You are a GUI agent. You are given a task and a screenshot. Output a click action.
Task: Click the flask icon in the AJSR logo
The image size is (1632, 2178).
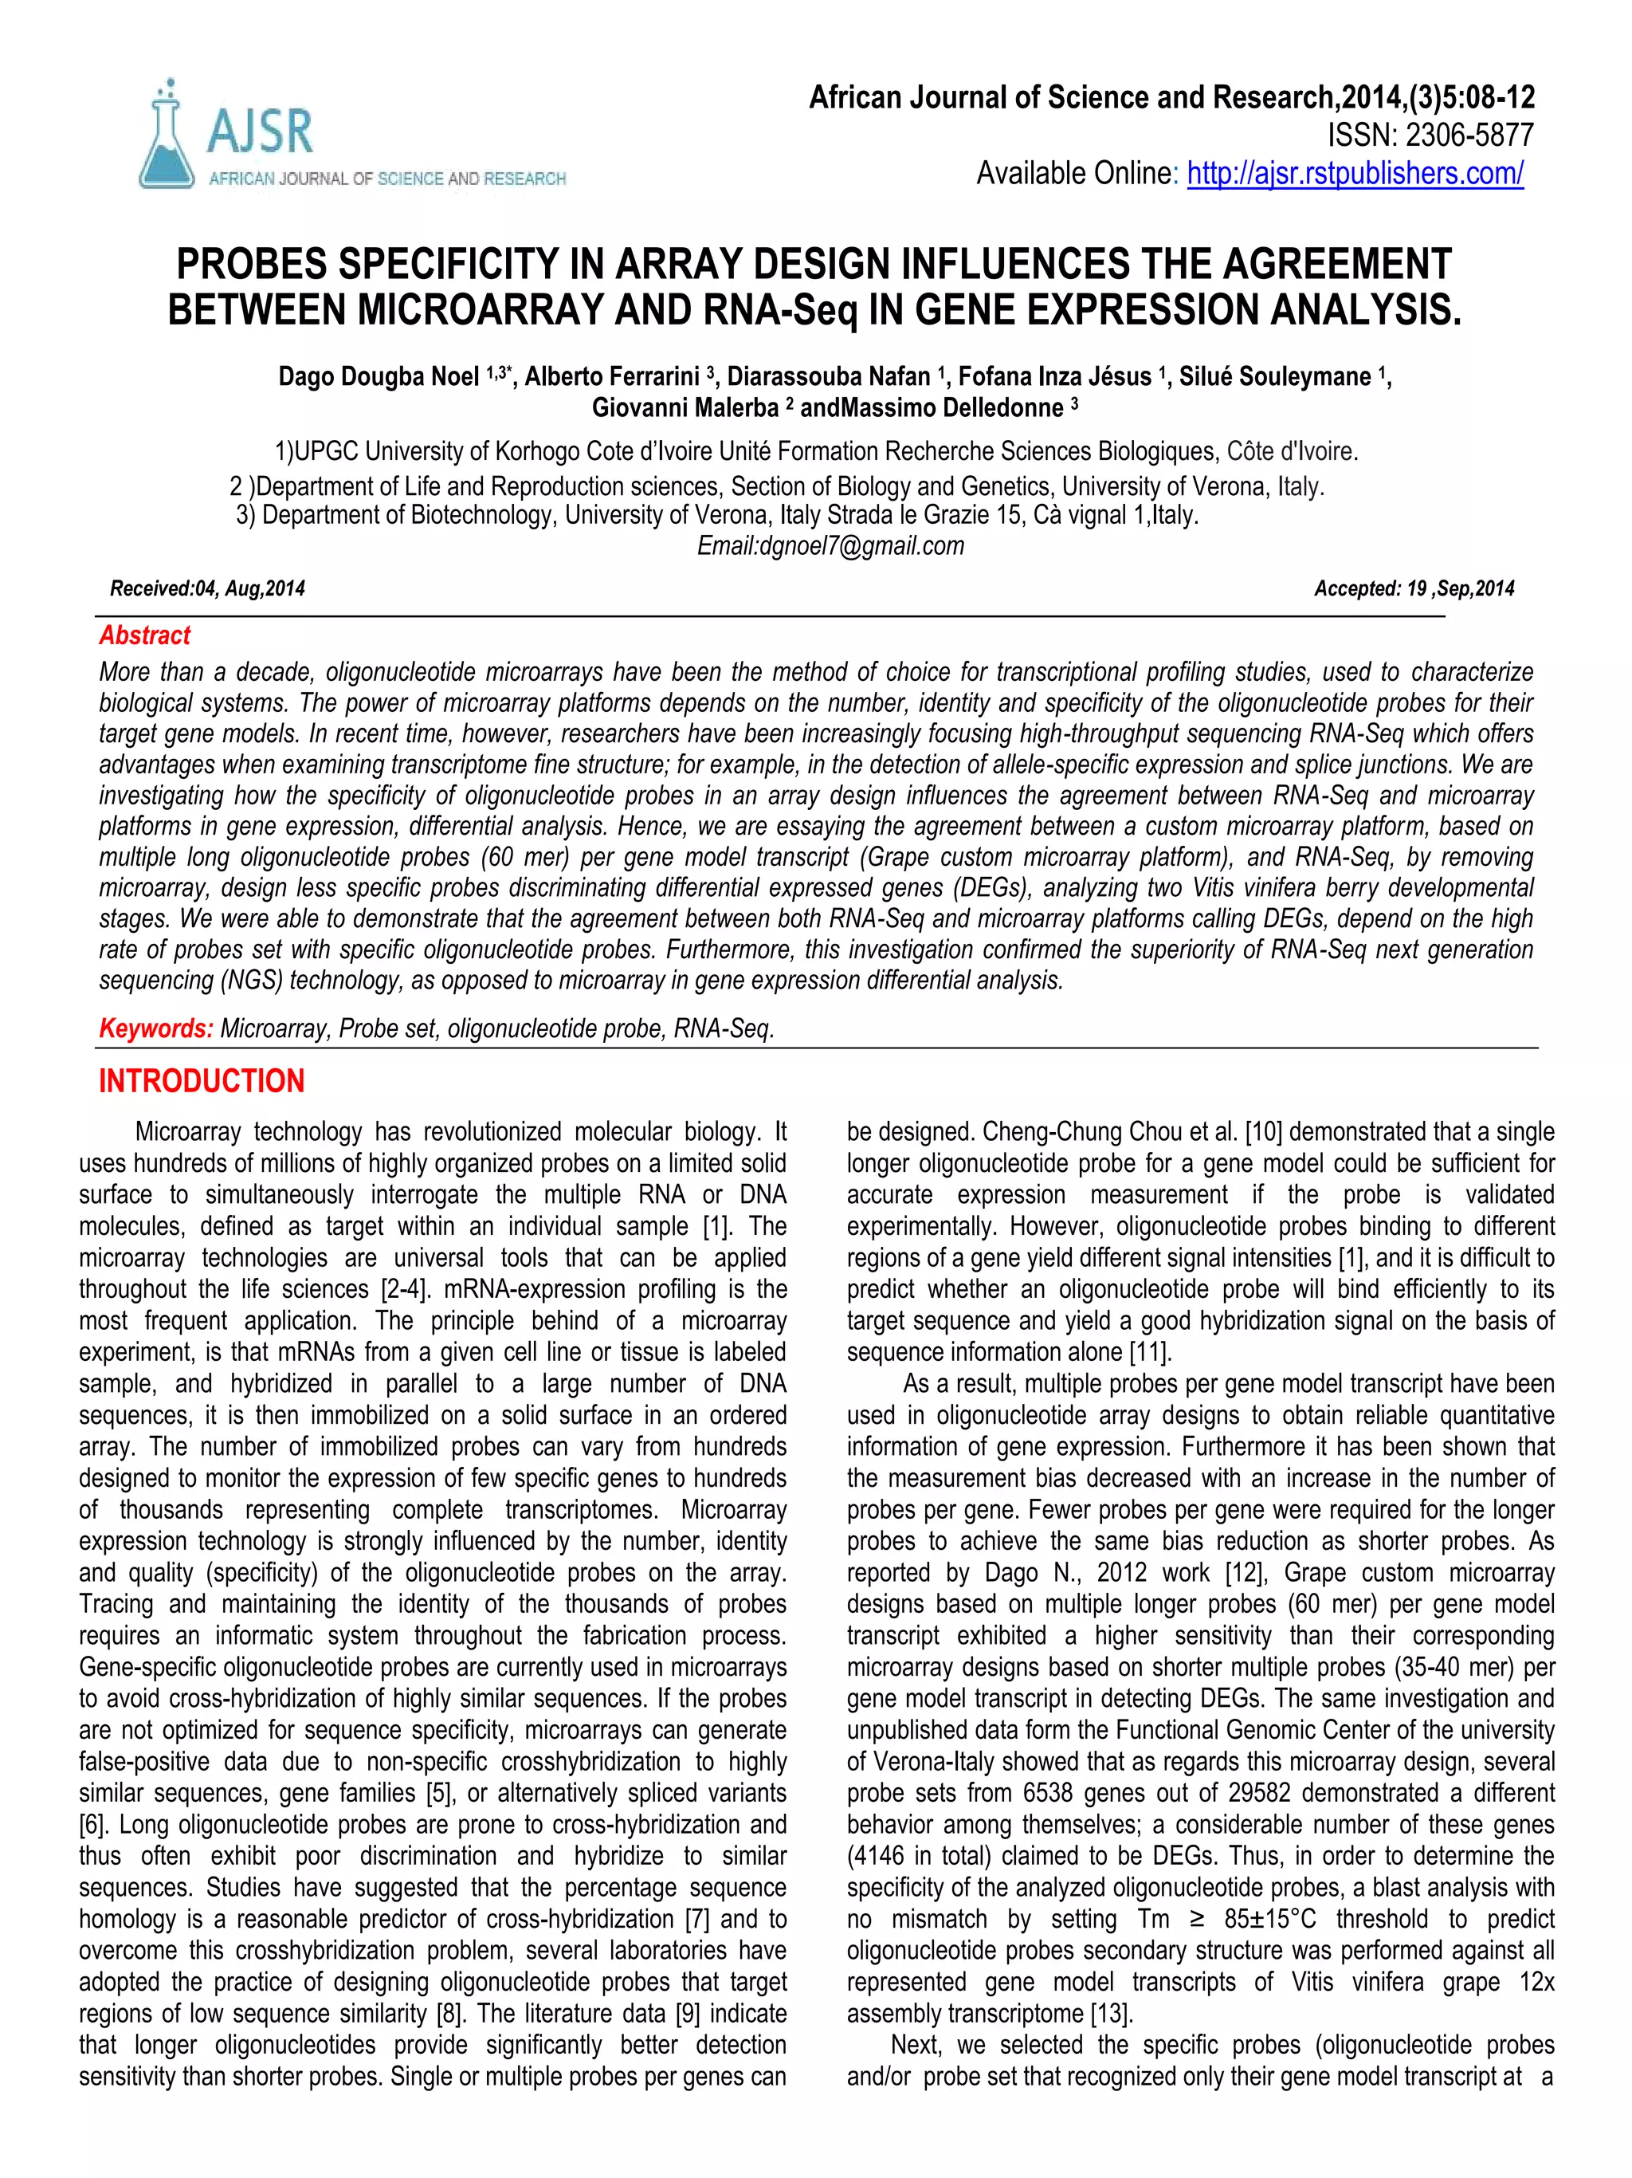click(167, 139)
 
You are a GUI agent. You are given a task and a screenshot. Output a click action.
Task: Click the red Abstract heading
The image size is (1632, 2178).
click(145, 636)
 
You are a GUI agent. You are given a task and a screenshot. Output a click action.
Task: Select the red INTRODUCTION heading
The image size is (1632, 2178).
click(202, 1081)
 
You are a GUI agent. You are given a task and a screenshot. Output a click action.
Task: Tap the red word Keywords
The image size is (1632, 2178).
click(155, 1029)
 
